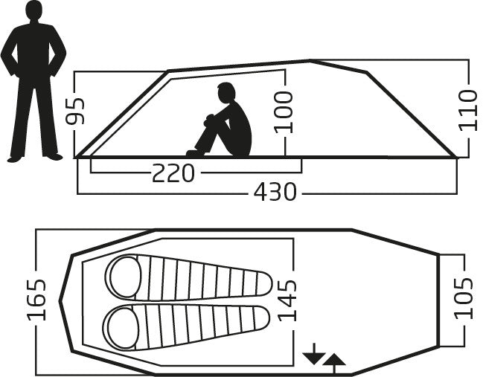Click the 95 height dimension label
click(75, 111)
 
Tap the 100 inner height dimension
click(284, 112)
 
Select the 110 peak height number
click(468, 110)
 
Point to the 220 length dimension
click(173, 173)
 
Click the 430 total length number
click(275, 192)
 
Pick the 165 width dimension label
click(36, 300)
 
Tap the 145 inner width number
click(287, 300)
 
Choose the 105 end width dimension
click(464, 298)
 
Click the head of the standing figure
click(34, 10)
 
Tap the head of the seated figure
click(226, 93)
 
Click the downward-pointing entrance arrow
click(314, 354)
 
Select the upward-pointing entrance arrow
click(334, 364)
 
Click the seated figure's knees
click(210, 119)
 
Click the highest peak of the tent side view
click(310, 61)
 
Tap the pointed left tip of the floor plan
click(60, 301)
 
